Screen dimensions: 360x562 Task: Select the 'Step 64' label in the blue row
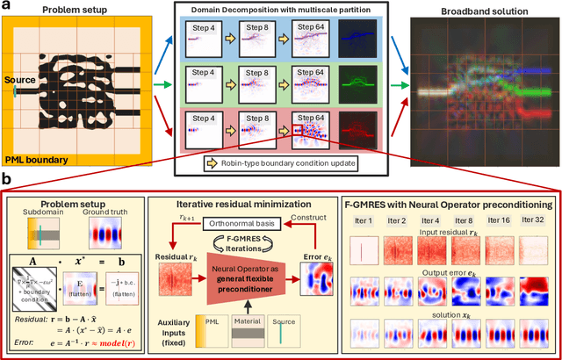coord(310,28)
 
